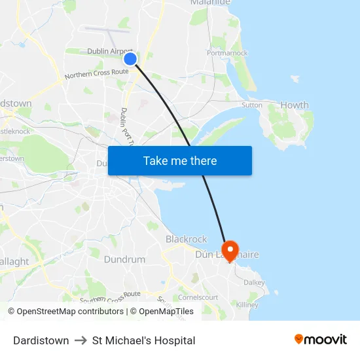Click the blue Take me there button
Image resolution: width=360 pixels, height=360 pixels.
(x=180, y=160)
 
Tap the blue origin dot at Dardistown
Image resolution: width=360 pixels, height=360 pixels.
(x=130, y=59)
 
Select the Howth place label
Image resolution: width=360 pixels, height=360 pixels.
(x=294, y=105)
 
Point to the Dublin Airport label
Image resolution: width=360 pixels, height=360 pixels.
(x=111, y=52)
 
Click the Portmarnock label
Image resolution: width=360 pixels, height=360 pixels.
(x=227, y=53)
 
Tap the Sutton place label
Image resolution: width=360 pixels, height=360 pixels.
(x=251, y=105)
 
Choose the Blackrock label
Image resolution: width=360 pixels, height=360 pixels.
(x=186, y=240)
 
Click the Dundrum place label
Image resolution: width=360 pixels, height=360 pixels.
(x=124, y=260)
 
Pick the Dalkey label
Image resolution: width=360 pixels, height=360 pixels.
(x=254, y=283)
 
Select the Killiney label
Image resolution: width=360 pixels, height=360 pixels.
(x=247, y=305)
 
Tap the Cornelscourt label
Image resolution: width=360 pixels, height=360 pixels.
(x=198, y=297)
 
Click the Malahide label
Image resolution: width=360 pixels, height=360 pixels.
(x=210, y=3)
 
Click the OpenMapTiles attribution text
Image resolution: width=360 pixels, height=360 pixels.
(x=166, y=312)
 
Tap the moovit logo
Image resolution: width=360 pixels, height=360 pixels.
(x=320, y=340)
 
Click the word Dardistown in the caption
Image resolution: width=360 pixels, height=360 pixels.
(x=41, y=340)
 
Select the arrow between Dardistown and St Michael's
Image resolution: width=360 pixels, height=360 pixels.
(x=81, y=340)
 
